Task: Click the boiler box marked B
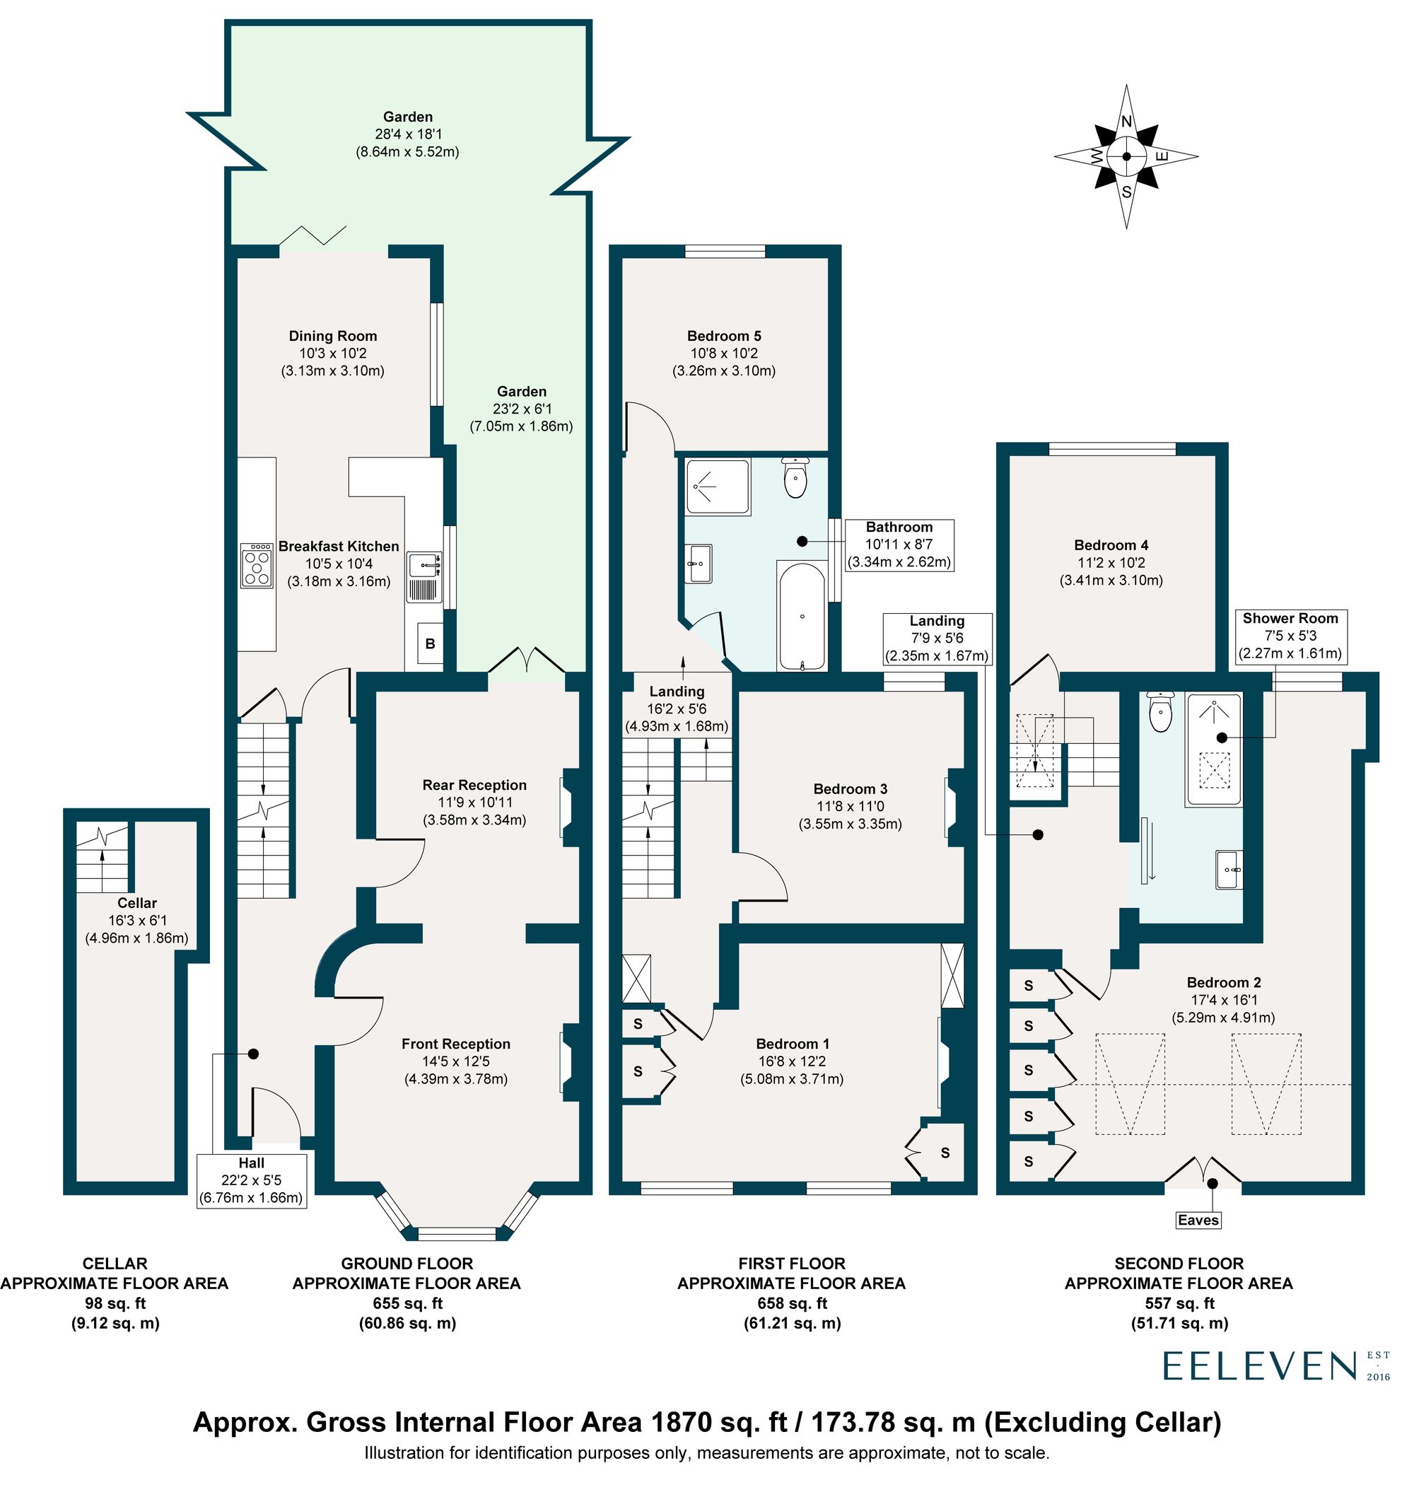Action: click(x=431, y=643)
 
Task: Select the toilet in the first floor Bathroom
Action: click(x=795, y=478)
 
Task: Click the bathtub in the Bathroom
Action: click(x=802, y=616)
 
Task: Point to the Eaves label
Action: click(x=1198, y=1220)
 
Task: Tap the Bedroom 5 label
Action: click(x=723, y=336)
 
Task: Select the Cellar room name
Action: click(x=136, y=903)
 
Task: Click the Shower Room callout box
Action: click(x=1290, y=636)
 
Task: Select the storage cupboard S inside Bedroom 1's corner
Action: click(x=944, y=1153)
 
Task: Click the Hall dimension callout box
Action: click(x=251, y=1180)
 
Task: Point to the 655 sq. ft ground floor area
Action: click(x=407, y=1303)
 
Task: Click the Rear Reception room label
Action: click(x=474, y=786)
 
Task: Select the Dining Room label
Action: click(x=332, y=336)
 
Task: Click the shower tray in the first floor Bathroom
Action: click(x=718, y=487)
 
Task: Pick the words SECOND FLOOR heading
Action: click(x=1179, y=1264)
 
